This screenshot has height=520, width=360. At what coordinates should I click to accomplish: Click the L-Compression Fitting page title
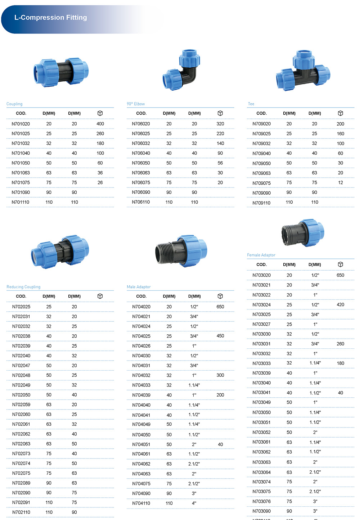point(51,17)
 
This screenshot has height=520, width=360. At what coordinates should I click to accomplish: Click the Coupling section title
point(14,104)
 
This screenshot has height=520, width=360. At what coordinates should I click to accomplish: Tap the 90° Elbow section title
point(136,104)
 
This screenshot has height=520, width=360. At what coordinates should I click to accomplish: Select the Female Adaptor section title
point(261,255)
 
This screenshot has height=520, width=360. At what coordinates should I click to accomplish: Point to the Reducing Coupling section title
point(23,287)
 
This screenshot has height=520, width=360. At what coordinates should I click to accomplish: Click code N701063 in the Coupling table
point(21,173)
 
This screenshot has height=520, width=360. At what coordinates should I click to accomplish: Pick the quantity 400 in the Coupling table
point(100,124)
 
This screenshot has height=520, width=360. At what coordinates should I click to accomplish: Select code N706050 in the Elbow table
point(141,163)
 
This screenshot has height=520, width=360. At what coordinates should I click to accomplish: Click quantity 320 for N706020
point(220,124)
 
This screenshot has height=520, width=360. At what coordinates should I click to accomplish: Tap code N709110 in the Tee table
point(261,203)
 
